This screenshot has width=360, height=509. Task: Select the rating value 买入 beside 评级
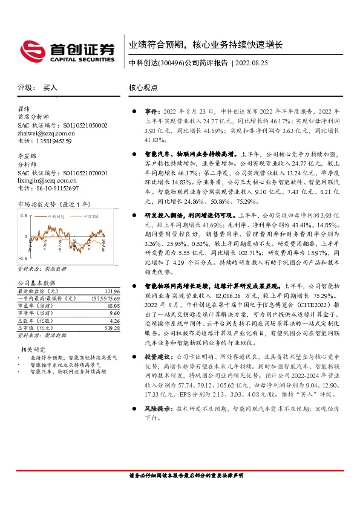(x=50, y=88)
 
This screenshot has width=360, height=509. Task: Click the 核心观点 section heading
(x=143, y=88)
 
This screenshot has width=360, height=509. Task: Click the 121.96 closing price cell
(x=111, y=291)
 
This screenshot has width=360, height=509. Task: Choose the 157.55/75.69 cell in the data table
(x=105, y=298)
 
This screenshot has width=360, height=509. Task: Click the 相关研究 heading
(x=34, y=349)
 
